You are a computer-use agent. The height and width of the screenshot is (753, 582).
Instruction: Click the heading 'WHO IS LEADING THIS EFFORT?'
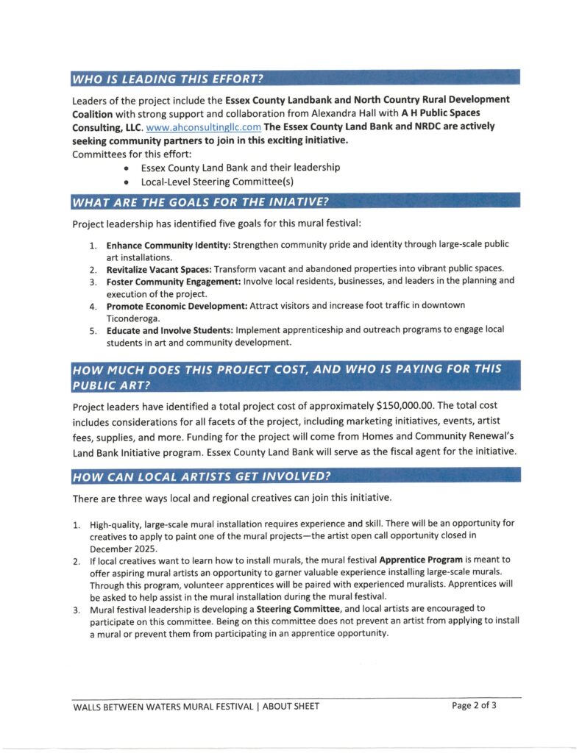[168, 78]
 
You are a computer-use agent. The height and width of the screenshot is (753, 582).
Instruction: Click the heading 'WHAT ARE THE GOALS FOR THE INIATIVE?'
[199, 201]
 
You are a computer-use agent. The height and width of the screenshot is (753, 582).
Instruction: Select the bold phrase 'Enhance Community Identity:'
[168, 244]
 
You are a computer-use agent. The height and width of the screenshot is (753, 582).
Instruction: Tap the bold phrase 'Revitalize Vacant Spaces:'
[158, 268]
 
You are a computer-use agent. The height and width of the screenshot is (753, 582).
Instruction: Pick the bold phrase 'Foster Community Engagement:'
[170, 281]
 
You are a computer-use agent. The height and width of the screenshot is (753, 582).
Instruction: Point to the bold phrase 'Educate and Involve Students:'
[169, 329]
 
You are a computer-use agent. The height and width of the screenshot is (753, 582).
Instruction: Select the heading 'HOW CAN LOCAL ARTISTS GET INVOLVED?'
[201, 476]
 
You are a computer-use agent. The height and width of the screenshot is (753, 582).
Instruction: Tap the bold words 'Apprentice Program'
[414, 560]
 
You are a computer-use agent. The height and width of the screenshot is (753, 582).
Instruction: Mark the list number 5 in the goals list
[93, 330]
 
